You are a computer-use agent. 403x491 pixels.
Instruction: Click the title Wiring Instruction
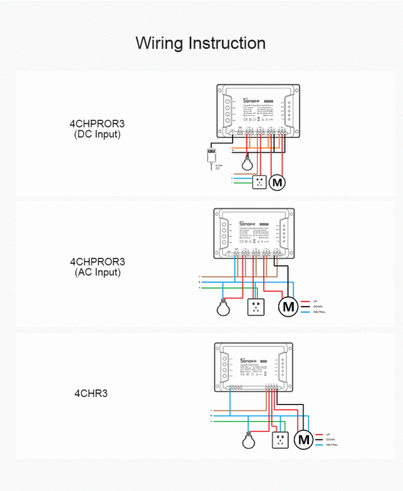(200, 44)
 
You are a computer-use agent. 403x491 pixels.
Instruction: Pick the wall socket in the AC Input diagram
(255, 307)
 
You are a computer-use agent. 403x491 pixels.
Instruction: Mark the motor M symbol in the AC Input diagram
(288, 307)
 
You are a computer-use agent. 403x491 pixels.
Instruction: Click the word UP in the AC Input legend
(315, 301)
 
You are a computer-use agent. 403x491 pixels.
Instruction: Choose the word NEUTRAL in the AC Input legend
(319, 312)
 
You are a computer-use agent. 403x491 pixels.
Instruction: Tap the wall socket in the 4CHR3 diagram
(280, 439)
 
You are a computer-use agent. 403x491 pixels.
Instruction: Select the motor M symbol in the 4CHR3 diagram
(303, 439)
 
